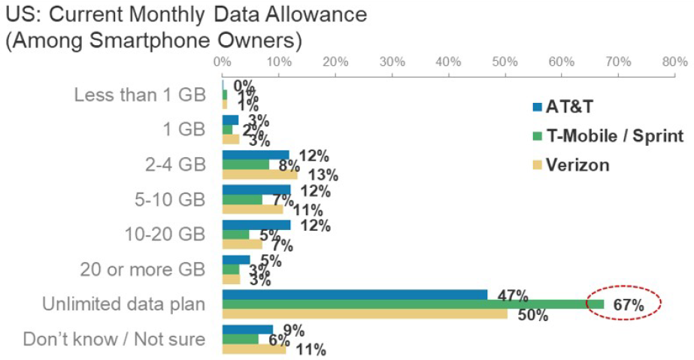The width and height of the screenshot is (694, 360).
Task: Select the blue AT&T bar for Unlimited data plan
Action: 354,294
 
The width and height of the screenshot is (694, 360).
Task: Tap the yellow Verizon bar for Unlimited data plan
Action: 365,313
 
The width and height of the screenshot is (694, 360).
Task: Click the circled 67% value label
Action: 628,304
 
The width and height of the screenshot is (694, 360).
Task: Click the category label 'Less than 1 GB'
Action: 140,95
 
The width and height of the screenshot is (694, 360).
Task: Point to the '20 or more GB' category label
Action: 141,269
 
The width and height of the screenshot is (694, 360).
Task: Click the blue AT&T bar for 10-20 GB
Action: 256,225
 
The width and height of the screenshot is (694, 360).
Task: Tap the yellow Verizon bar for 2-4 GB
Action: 259,174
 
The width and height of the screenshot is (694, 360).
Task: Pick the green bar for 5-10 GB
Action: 242,200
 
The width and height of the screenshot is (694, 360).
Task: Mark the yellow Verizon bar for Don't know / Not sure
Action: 253,348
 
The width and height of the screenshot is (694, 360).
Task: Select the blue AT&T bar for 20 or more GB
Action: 236,260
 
